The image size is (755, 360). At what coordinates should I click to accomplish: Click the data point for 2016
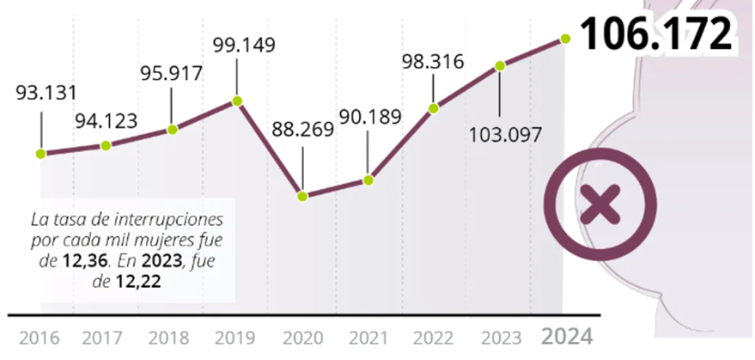(x=40, y=154)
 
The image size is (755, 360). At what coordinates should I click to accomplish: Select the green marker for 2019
(x=238, y=101)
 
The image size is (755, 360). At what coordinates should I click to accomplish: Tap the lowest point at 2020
(x=302, y=196)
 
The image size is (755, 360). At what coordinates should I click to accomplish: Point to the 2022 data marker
(x=434, y=108)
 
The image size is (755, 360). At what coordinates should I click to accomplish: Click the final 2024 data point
(x=565, y=38)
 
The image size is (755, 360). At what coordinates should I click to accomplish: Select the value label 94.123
(x=106, y=122)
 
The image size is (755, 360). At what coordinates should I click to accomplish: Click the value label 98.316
(x=434, y=61)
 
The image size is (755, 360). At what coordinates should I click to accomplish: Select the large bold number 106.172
(x=657, y=34)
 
